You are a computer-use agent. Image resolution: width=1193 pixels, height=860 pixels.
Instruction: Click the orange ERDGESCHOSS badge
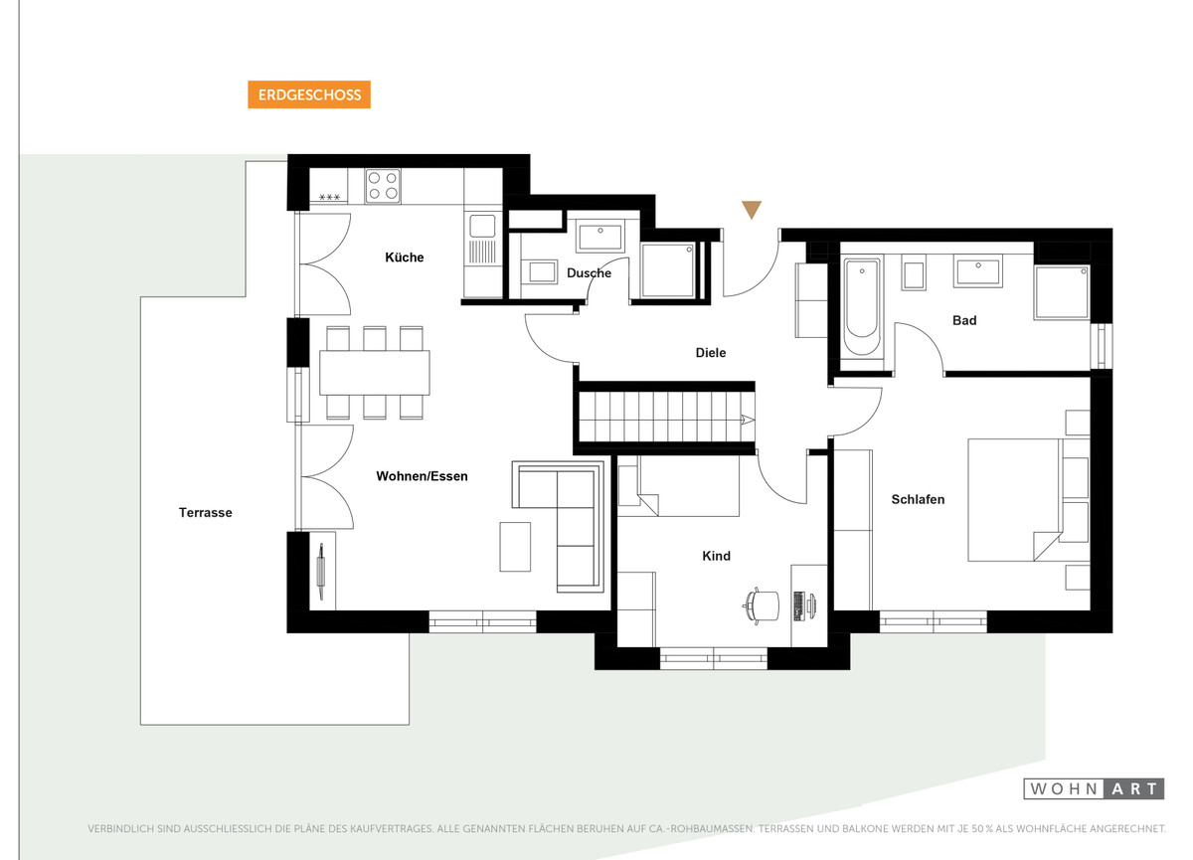tap(309, 94)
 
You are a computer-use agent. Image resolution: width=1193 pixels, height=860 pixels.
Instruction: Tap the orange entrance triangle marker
tap(752, 210)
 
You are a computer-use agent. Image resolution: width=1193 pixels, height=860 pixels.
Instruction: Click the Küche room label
tap(405, 258)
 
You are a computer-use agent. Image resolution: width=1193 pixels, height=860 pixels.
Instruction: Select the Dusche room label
tap(589, 273)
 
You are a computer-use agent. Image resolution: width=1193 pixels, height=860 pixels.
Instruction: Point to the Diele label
tap(711, 353)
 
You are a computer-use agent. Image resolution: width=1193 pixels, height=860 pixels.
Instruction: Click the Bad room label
tap(964, 320)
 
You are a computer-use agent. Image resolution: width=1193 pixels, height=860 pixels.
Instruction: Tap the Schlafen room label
tap(918, 499)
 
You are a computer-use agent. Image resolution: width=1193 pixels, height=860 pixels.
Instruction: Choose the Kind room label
tap(716, 556)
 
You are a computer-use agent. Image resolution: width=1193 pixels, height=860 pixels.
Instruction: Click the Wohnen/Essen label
tap(422, 476)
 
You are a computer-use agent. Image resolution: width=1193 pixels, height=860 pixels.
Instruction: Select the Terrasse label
tap(205, 513)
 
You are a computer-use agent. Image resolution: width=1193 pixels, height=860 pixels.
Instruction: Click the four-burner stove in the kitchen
tap(383, 186)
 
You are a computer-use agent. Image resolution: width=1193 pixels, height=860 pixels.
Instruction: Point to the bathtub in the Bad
tap(862, 308)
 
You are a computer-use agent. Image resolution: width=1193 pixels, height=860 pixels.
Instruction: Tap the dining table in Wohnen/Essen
tap(375, 373)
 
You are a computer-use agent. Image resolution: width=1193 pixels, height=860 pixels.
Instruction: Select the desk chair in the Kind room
tap(762, 604)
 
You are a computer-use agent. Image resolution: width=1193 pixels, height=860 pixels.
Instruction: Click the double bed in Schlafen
tap(1028, 500)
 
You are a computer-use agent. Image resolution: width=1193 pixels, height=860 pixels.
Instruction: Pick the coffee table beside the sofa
tap(515, 547)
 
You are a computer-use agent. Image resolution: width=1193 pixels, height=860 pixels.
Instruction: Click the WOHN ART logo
tap(1094, 788)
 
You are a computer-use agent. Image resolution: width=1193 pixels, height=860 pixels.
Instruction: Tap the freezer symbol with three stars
tap(329, 198)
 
